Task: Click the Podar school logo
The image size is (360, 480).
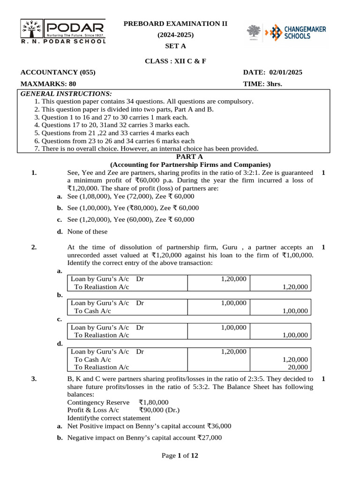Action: click(x=63, y=31)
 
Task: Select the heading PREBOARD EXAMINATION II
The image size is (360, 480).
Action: click(x=175, y=23)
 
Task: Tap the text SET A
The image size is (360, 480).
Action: click(x=175, y=46)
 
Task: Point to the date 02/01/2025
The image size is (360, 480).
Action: click(x=286, y=72)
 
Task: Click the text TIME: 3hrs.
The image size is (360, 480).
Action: click(x=262, y=84)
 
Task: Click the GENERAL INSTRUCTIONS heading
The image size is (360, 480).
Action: click(x=66, y=93)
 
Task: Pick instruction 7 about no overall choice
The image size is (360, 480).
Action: click(x=146, y=149)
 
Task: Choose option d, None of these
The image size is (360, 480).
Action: click(x=87, y=232)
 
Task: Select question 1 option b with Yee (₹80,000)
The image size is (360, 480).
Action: click(x=133, y=208)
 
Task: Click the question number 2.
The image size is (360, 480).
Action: click(x=34, y=247)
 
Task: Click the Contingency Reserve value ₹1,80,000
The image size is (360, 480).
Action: click(x=153, y=402)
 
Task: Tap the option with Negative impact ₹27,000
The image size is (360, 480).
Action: click(x=144, y=438)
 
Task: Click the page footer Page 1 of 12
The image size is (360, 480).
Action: click(x=180, y=456)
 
